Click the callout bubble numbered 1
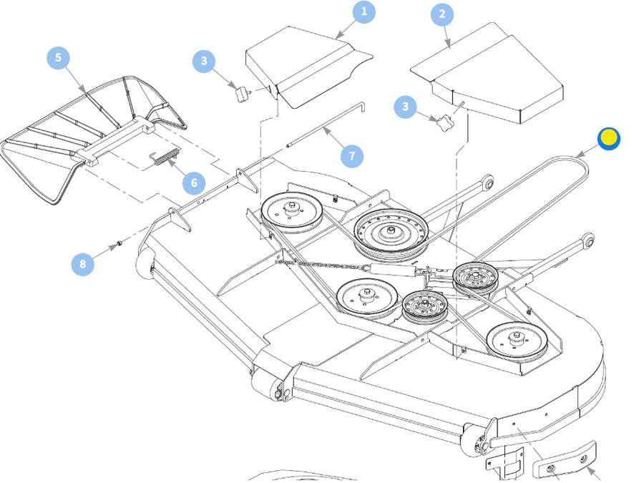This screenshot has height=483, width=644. (x=364, y=11)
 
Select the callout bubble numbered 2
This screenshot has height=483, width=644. (x=442, y=14)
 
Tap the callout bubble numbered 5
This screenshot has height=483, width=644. (x=59, y=58)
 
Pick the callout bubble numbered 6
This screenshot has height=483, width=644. (x=194, y=183)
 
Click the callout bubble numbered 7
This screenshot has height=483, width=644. (x=351, y=156)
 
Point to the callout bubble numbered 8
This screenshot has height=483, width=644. (x=82, y=264)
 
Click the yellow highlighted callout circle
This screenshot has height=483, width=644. (x=609, y=138)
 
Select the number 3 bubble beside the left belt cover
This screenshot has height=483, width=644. (x=204, y=62)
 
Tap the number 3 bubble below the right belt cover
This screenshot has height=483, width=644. (x=406, y=107)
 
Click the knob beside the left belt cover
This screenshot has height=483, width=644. (x=243, y=93)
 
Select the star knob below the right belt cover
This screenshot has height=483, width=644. (x=445, y=122)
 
